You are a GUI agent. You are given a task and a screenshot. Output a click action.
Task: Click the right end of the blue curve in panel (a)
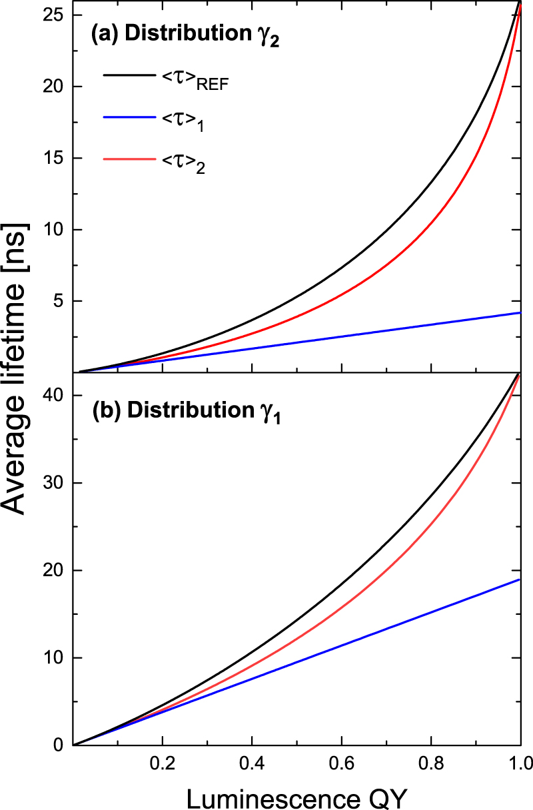[519, 312]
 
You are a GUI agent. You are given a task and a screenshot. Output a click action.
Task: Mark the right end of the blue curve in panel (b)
[519, 580]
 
